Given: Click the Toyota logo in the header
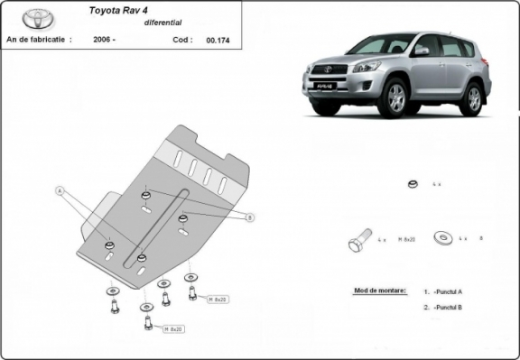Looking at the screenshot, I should click(x=35, y=18).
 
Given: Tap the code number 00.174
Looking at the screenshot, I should click(x=217, y=40).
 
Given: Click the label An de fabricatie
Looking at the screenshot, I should click(x=37, y=40).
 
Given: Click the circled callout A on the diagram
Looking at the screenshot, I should click(x=60, y=191).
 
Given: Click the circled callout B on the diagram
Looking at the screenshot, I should click(x=250, y=217).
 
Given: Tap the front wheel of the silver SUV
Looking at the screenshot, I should click(x=395, y=100).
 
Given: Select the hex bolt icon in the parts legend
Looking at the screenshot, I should click(x=358, y=242).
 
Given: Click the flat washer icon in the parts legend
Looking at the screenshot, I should click(x=443, y=238).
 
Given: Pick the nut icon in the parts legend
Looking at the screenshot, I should click(x=411, y=184).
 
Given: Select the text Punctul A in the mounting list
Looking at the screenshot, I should click(x=448, y=291).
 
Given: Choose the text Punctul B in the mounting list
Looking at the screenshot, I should click(x=448, y=308).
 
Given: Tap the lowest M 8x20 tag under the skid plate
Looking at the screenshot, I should click(x=173, y=329).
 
